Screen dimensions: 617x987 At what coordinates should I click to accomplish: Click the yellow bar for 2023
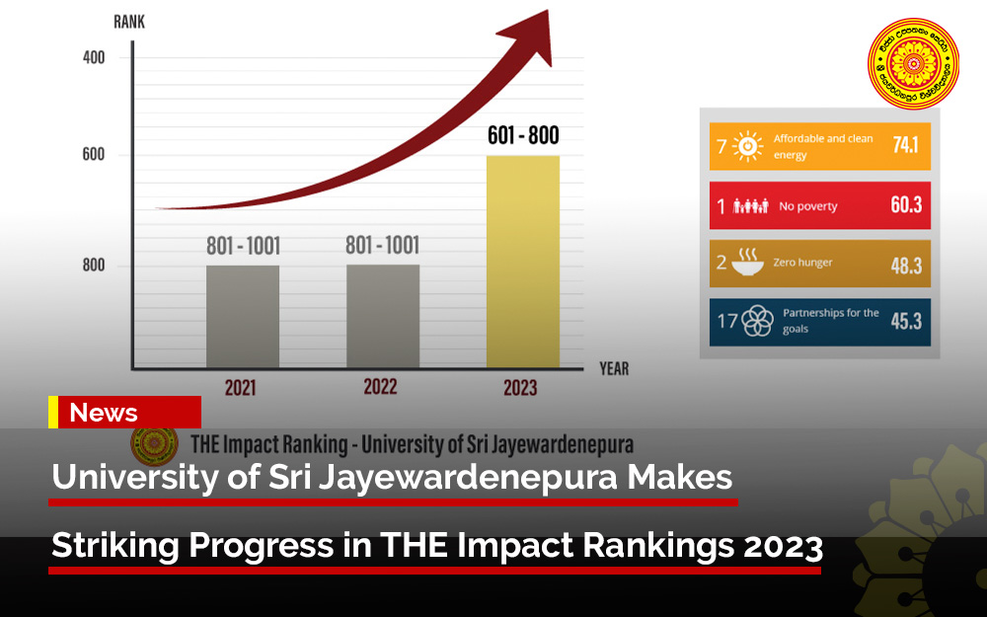523,262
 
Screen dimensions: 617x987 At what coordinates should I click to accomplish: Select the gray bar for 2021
242,316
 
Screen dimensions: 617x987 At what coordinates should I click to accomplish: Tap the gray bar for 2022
383,316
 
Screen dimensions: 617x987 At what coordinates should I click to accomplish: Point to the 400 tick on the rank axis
93,57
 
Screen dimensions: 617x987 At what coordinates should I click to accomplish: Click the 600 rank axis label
93,155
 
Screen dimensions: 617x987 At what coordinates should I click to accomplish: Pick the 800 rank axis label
93,266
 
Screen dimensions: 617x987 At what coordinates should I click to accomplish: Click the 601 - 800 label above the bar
523,136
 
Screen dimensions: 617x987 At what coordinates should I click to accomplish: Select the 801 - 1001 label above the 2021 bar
243,246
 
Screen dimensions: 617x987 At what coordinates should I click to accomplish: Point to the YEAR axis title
613,369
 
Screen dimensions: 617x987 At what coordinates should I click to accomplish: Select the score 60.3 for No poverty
904,206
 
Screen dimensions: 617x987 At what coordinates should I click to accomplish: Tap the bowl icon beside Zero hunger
749,263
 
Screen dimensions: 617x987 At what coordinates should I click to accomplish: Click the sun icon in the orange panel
749,147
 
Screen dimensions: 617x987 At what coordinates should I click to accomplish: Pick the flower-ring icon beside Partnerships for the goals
757,321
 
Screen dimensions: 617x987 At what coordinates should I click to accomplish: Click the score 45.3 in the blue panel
904,321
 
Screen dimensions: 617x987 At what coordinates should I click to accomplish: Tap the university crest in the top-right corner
914,64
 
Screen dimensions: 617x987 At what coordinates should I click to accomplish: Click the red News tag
129,413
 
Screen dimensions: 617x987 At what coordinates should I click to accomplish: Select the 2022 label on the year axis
381,386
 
